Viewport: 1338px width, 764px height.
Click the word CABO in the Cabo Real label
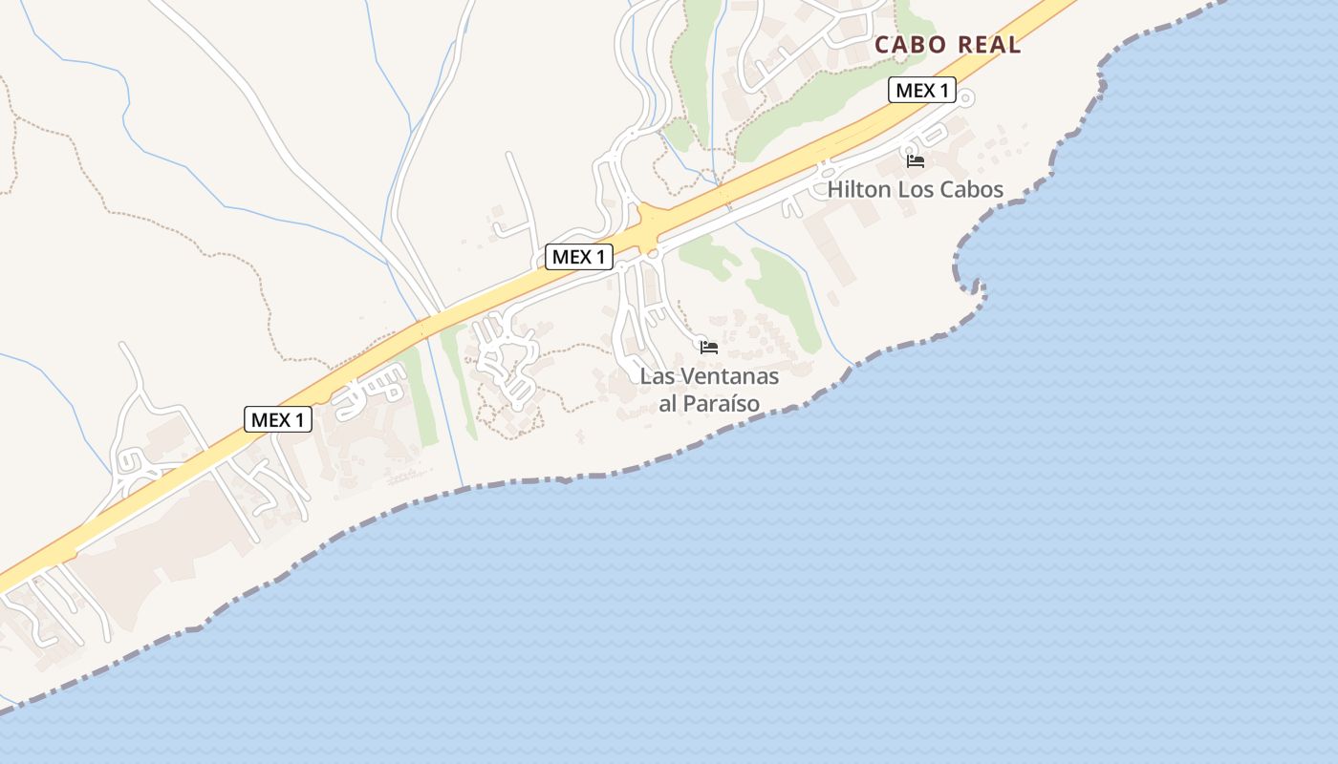click(x=911, y=45)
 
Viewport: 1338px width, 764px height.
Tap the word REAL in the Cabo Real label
click(x=988, y=45)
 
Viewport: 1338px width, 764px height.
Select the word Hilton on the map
click(x=857, y=189)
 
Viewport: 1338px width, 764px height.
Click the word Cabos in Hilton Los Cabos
click(x=973, y=189)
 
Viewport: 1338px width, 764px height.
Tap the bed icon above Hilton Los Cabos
click(x=916, y=160)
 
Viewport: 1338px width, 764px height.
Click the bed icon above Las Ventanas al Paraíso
click(x=709, y=347)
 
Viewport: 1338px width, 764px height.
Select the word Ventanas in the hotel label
click(x=727, y=376)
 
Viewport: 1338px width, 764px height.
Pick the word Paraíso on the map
click(x=723, y=404)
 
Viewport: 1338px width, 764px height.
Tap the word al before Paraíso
click(x=668, y=404)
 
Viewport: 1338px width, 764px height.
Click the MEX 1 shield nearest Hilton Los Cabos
click(x=922, y=91)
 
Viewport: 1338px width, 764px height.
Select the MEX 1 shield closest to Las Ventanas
click(x=579, y=257)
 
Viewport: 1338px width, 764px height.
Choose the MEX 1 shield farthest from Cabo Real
click(x=278, y=419)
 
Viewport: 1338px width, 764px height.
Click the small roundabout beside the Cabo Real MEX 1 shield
click(x=967, y=97)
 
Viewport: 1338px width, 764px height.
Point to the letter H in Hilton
click(x=834, y=189)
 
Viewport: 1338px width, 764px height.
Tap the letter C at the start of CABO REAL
click(x=882, y=45)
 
